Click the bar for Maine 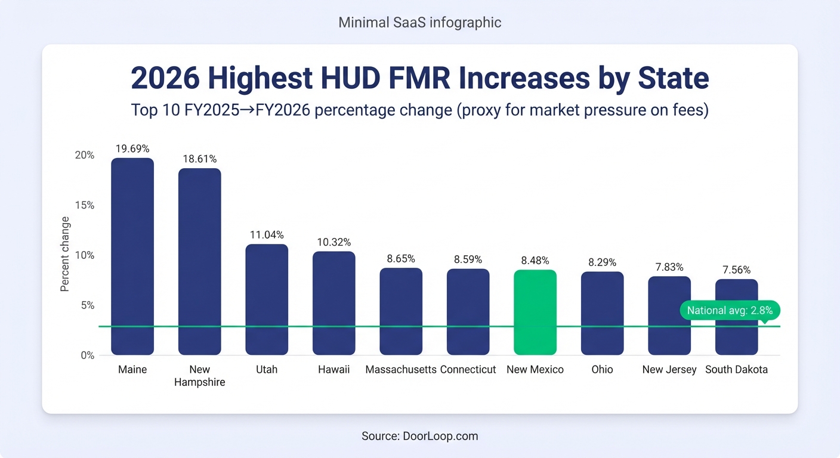(x=132, y=256)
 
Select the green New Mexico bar (x=535, y=312)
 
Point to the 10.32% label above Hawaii (x=333, y=242)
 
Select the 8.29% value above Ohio (x=602, y=262)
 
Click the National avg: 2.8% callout (x=730, y=311)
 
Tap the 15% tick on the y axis (x=84, y=205)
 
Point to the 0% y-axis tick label (x=87, y=355)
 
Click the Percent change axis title (x=65, y=254)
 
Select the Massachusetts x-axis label (x=401, y=370)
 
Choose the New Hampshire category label (x=200, y=376)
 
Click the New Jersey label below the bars (x=669, y=370)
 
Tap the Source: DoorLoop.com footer (x=420, y=436)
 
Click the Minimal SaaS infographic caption (x=420, y=23)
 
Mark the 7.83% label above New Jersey (x=669, y=267)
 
